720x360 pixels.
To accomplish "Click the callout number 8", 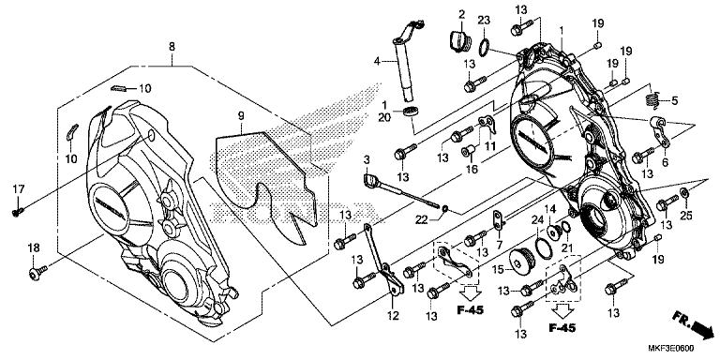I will coord(172,46).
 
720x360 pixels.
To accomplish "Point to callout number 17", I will coord(16,189).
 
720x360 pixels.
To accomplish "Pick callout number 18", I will coord(33,247).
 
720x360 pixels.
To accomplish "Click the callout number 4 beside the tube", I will coord(379,61).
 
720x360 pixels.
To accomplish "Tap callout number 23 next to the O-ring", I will coord(484,20).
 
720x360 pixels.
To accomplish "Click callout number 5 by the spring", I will coord(673,99).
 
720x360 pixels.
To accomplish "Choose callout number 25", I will coord(684,217).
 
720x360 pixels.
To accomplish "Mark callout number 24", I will coord(536,219).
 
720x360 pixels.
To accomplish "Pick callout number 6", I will coord(665,161).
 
